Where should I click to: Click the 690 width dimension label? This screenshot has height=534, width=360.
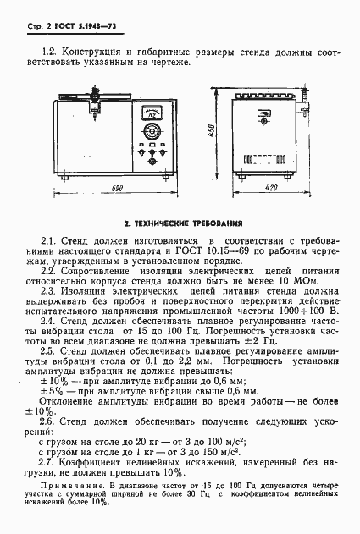pos(116,187)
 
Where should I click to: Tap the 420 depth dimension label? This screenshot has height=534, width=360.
pos(272,188)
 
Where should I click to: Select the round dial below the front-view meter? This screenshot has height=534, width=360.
pos(153,131)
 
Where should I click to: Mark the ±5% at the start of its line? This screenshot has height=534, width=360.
pos(51,393)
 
